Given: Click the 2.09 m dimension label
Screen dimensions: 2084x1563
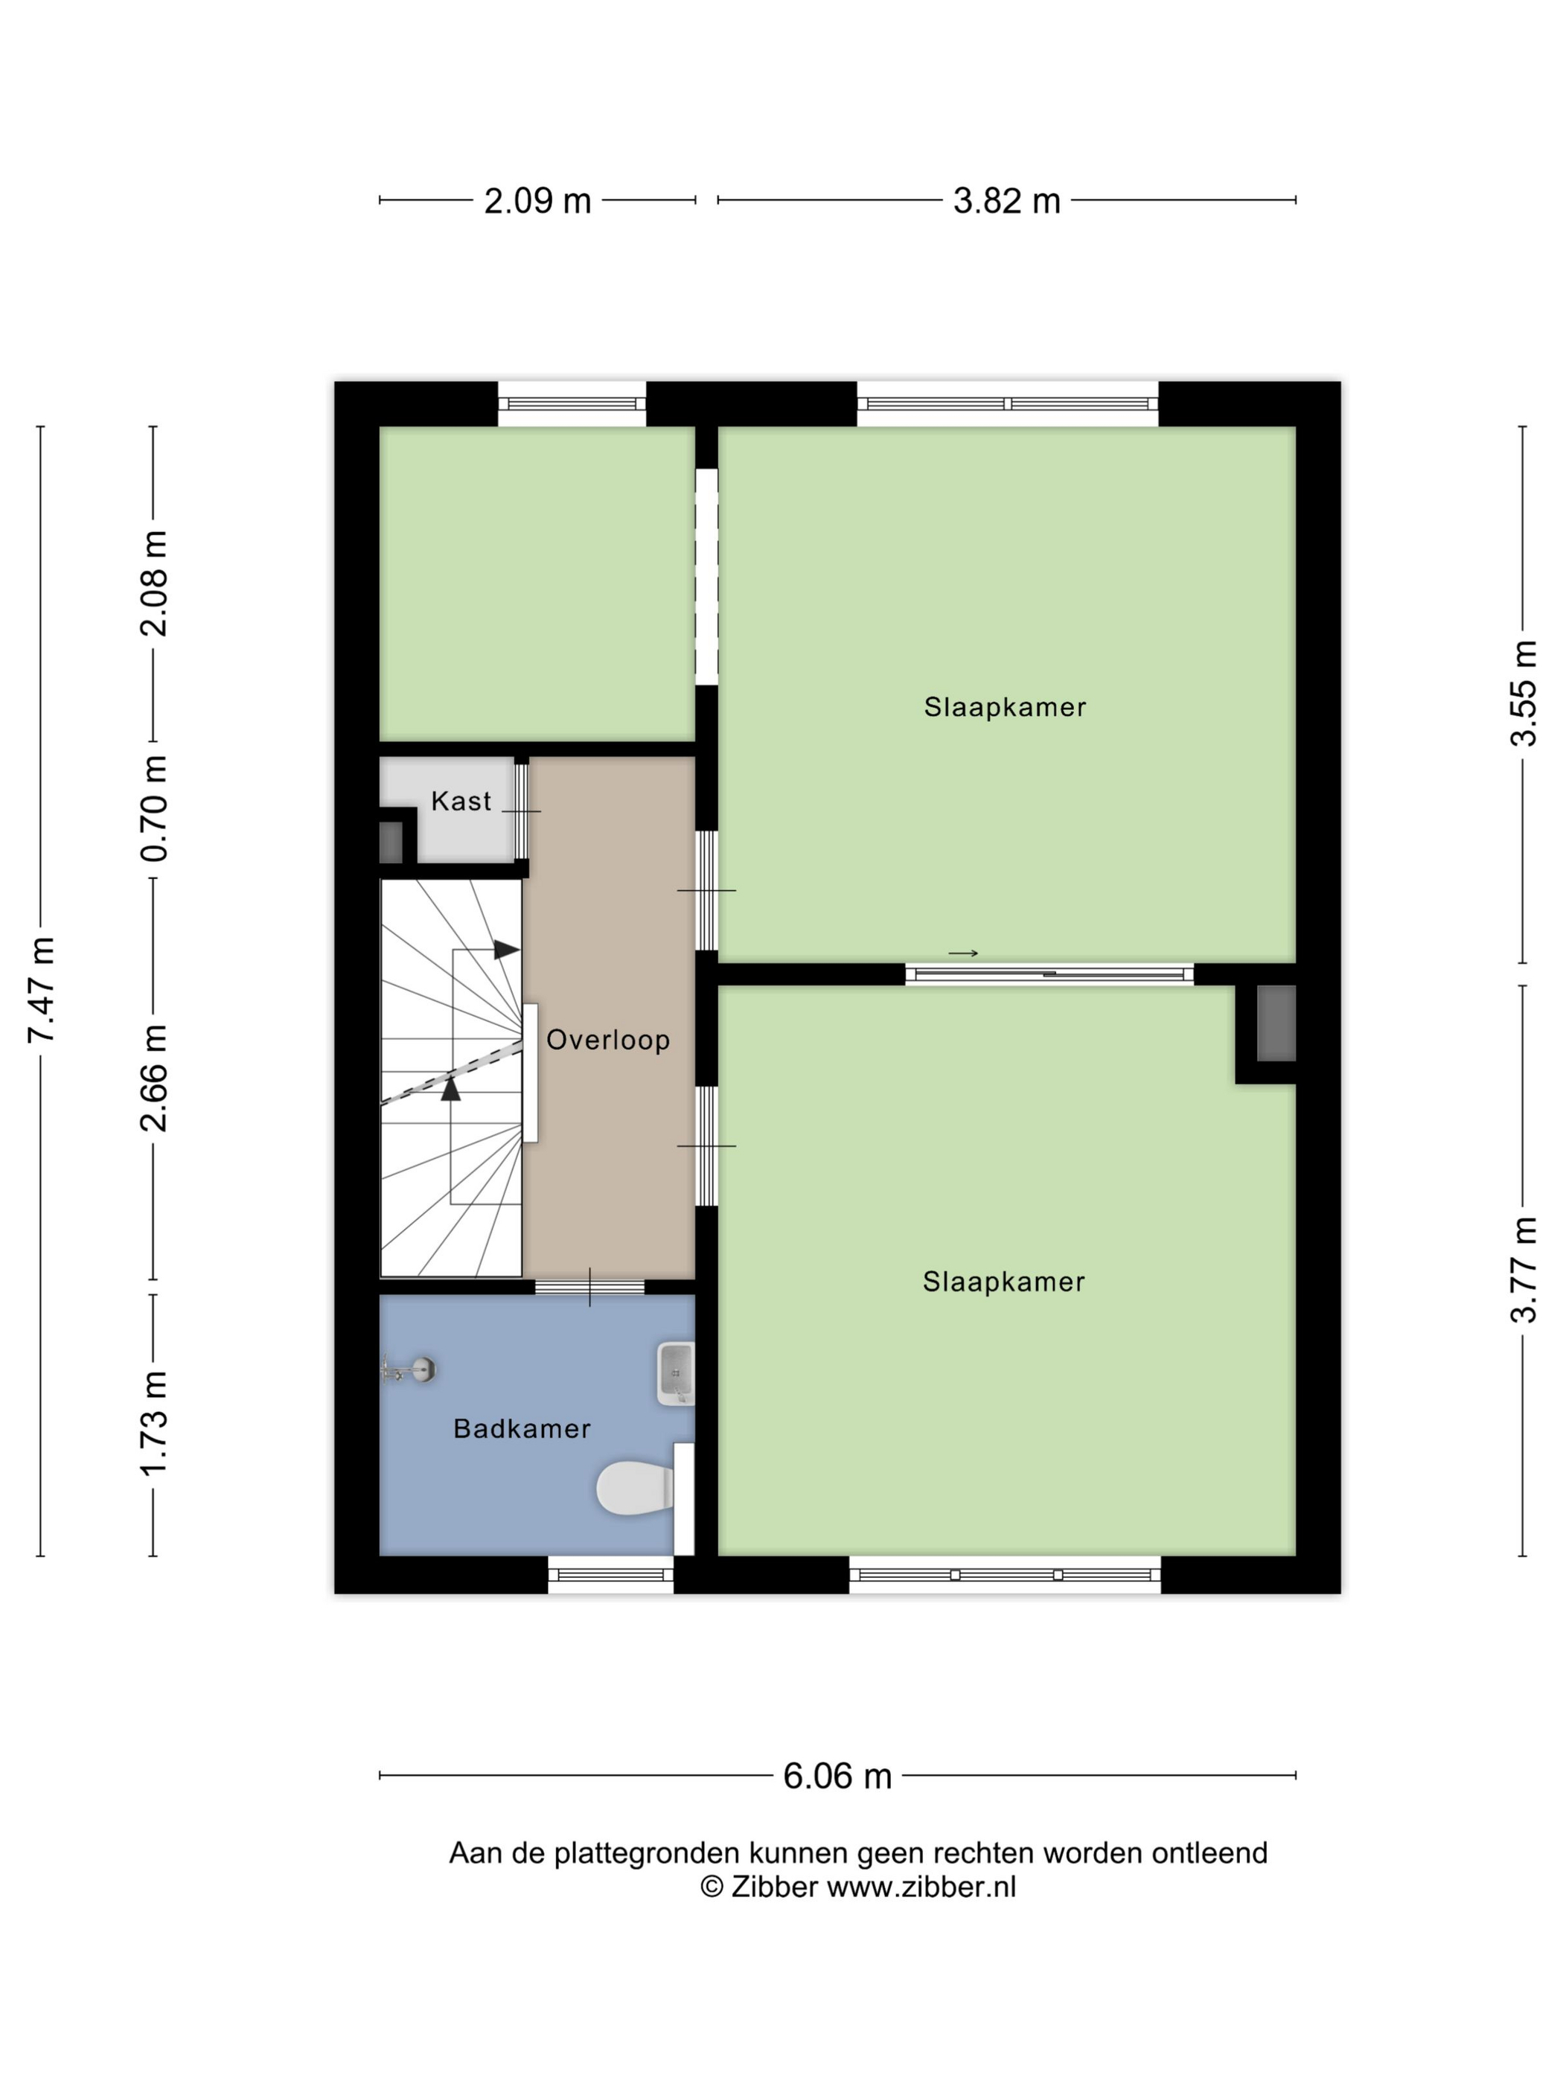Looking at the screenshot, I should (537, 201).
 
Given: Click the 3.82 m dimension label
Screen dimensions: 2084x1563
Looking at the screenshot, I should (1006, 201).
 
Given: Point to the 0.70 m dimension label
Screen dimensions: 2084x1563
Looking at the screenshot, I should (153, 808).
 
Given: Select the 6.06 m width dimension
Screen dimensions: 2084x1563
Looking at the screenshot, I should (837, 1777).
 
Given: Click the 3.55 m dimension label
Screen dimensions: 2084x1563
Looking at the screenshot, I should (1524, 694).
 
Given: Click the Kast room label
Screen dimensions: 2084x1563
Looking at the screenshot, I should (461, 802).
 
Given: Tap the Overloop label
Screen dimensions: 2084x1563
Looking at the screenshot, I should (607, 1040).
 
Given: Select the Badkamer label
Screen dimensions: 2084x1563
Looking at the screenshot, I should (521, 1429).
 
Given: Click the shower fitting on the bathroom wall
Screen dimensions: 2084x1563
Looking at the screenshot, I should (409, 1369).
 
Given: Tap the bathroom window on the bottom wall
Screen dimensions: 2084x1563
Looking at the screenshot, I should (610, 1574).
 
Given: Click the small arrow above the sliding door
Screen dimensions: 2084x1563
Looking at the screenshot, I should (963, 953).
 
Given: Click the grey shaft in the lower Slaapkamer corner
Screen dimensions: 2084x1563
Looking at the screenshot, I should (1276, 1023).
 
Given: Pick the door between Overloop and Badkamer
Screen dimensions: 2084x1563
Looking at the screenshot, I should (589, 1287).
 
